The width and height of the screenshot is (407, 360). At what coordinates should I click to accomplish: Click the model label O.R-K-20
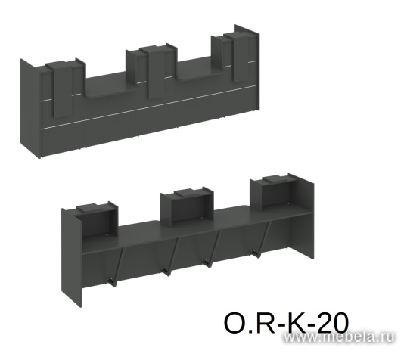[x=286, y=323]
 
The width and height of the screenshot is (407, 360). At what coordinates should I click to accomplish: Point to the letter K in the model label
[x=296, y=323]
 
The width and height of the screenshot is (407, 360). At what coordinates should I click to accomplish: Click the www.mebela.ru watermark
[x=339, y=337]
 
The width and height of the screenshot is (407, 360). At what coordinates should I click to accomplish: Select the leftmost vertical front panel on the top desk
[x=63, y=90]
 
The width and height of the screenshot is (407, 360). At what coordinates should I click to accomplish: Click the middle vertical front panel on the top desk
[x=157, y=73]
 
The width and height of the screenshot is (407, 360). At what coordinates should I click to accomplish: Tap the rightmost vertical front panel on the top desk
[x=241, y=58]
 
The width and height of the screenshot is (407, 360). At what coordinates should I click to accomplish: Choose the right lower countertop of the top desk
[x=201, y=70]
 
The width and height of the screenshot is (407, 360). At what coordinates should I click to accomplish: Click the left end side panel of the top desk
[x=31, y=107]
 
